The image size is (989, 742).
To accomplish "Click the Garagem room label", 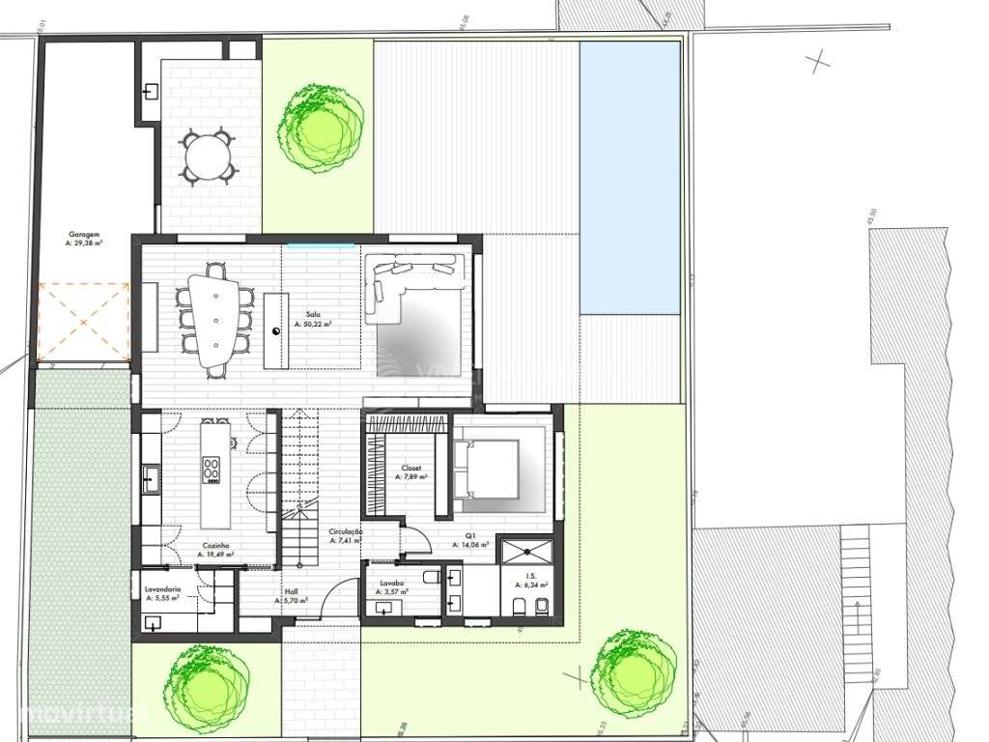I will [84, 239].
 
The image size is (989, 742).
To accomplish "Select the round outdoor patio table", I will [208, 157].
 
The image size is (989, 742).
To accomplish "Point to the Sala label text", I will [313, 319].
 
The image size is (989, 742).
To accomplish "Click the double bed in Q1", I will [487, 474].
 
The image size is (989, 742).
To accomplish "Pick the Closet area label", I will [411, 471].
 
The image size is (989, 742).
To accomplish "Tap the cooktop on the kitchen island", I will [212, 470].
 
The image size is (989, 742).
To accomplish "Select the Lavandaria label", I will [162, 592].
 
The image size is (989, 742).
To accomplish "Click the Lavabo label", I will [392, 586].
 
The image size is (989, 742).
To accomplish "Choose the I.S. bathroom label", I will [530, 579].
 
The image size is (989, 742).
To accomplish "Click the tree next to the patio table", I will [322, 127].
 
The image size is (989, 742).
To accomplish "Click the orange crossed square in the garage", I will [83, 322].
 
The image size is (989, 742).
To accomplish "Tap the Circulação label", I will [346, 535].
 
